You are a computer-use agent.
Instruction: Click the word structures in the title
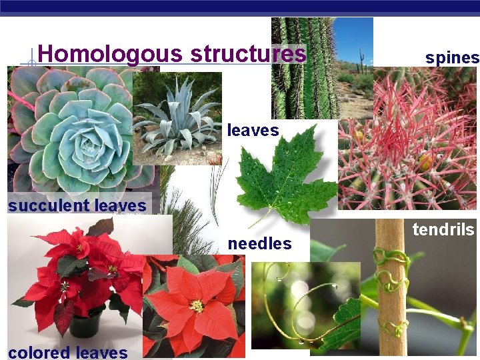coord(247,54)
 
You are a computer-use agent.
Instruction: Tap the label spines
coord(452,58)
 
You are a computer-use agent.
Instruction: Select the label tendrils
coord(443,231)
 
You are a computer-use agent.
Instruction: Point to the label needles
coord(259,244)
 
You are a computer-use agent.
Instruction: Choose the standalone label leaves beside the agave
coord(253,131)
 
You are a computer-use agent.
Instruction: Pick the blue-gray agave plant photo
coord(177,118)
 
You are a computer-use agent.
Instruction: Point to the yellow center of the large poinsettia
coord(196,306)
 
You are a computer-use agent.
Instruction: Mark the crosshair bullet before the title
coord(29,65)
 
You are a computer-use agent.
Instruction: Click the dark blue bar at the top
coord(240,7)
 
